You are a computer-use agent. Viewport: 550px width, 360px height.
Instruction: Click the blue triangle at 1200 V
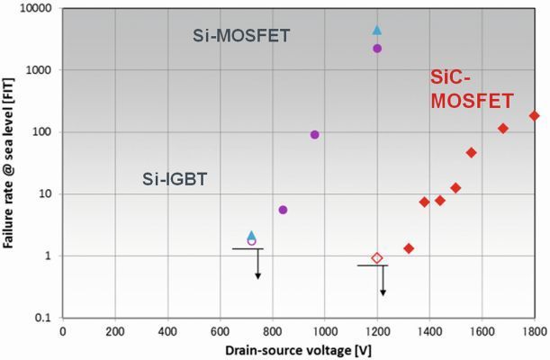377,31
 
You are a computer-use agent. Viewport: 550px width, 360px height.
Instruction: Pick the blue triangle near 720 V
252,235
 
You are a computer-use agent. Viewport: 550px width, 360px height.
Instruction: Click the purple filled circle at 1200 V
377,49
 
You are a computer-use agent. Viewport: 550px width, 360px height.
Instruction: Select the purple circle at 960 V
315,135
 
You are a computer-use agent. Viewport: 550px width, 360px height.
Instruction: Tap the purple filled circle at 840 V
283,210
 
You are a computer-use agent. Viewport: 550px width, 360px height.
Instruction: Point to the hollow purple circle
252,241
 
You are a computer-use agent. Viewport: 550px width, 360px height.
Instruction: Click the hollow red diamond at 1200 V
377,258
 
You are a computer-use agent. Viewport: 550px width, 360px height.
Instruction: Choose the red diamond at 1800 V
534,115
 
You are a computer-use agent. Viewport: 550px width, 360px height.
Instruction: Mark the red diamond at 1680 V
503,129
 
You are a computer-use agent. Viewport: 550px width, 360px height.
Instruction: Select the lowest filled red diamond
409,248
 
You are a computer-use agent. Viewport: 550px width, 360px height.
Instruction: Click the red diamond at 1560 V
471,153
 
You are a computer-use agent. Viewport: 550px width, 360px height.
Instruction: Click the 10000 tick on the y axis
35,8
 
